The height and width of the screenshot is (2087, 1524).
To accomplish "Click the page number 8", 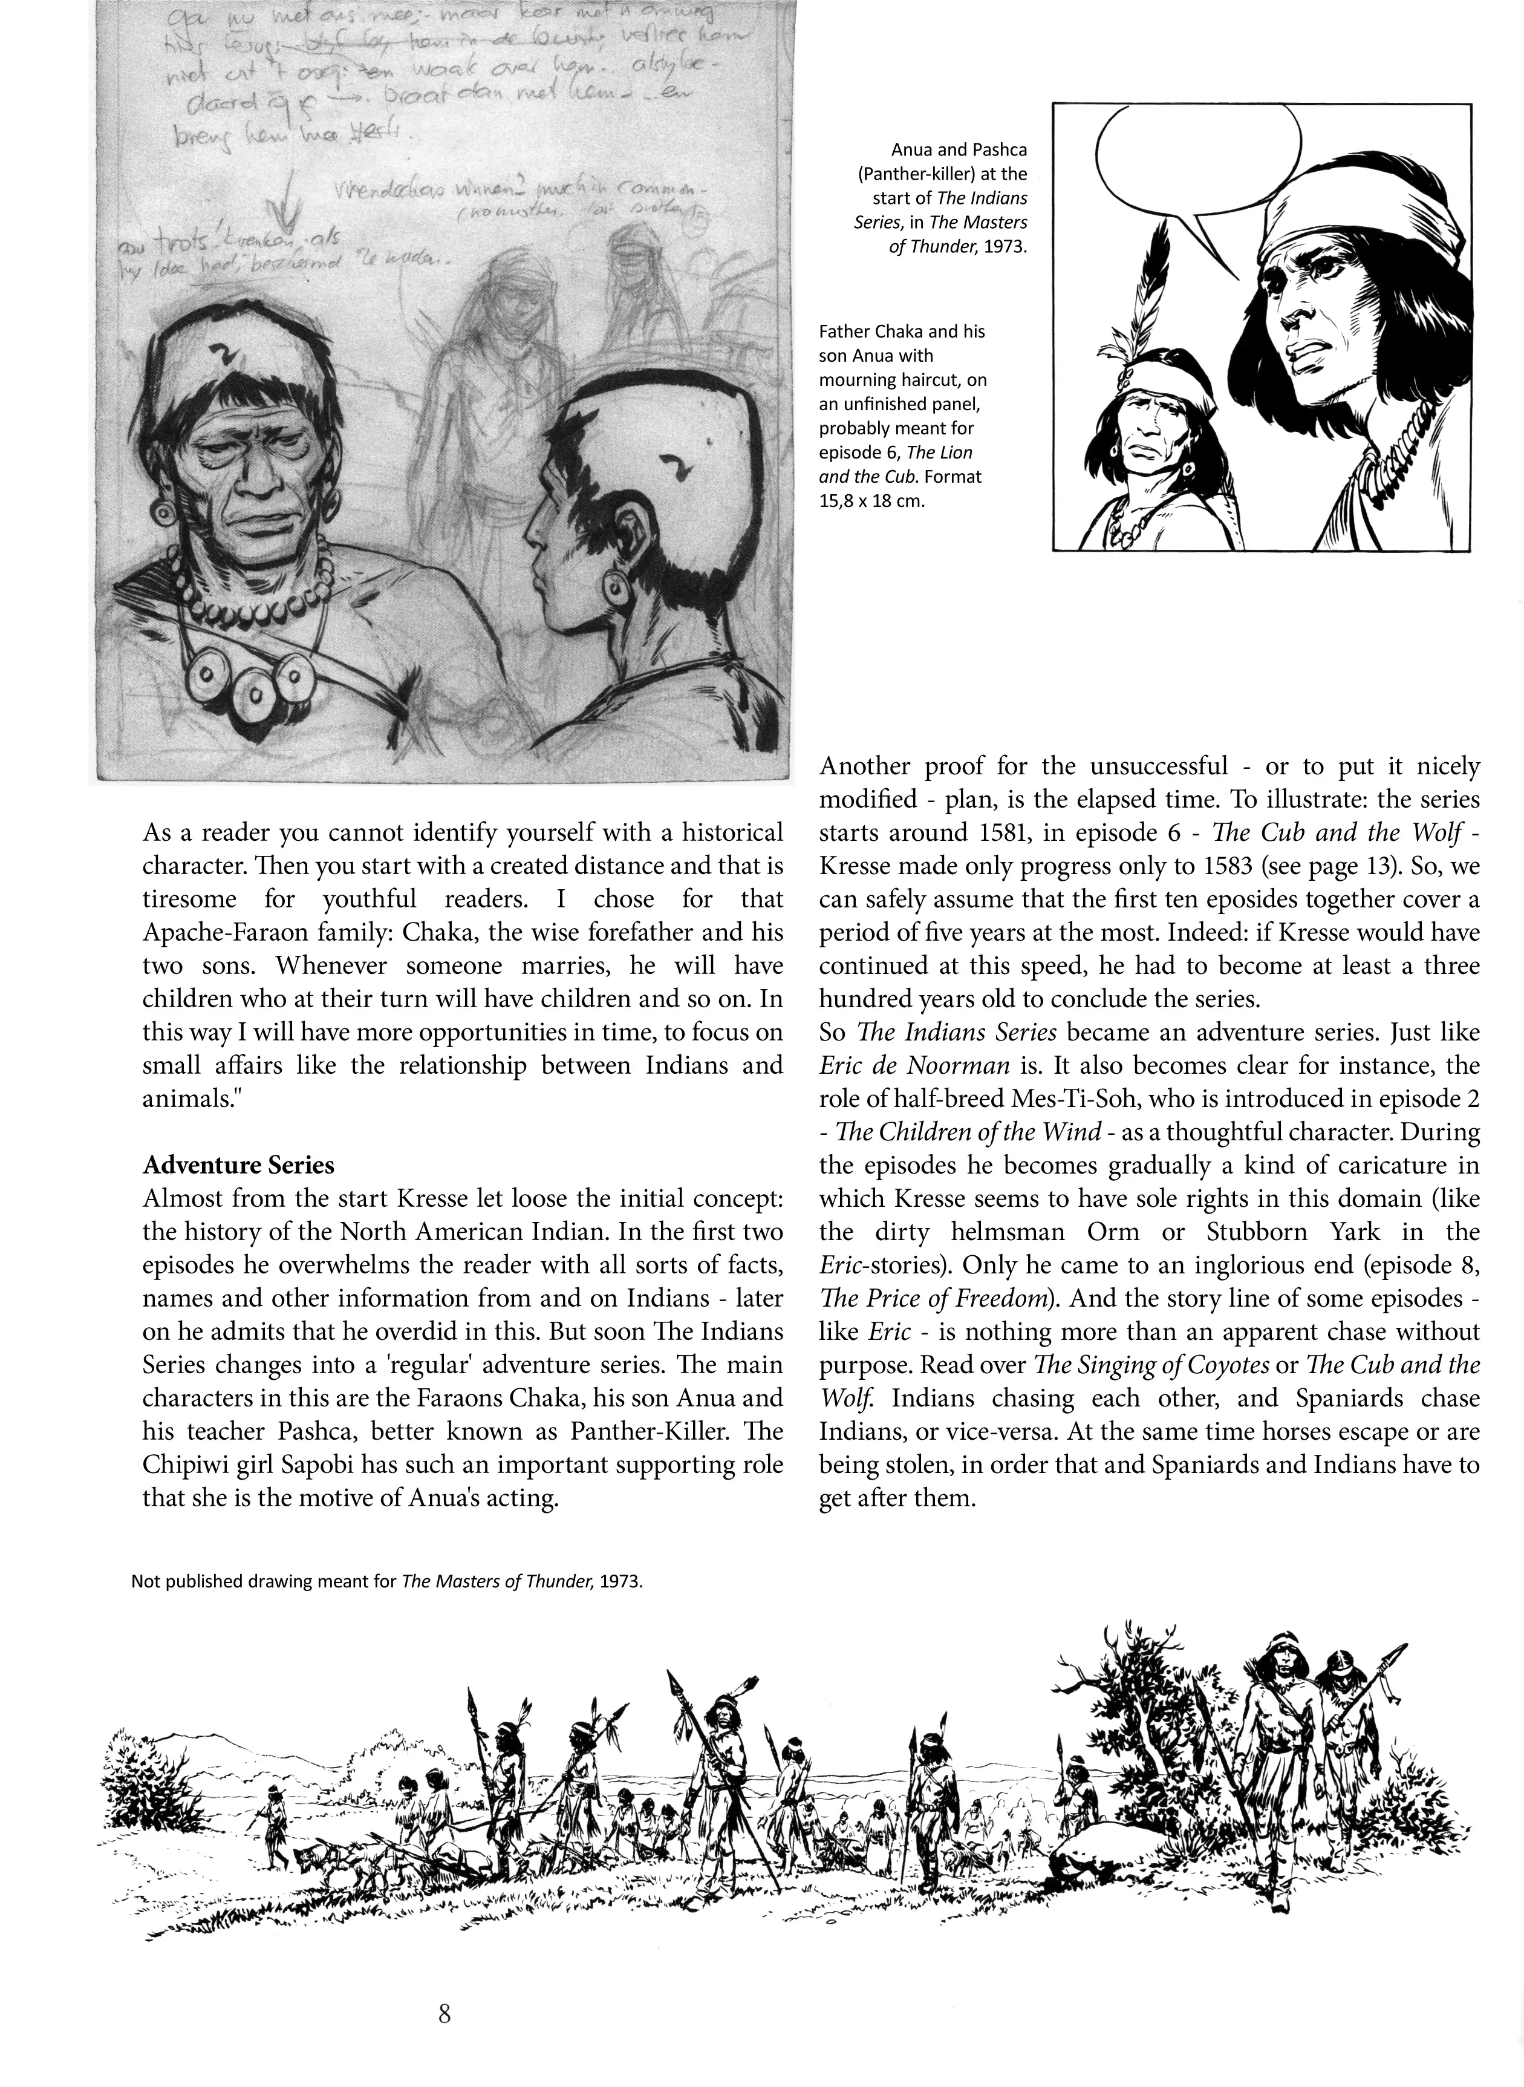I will coord(444,2014).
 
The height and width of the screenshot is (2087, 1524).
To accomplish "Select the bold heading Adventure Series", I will coord(238,1165).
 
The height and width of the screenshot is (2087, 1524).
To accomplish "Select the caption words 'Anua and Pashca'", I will coord(959,149).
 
